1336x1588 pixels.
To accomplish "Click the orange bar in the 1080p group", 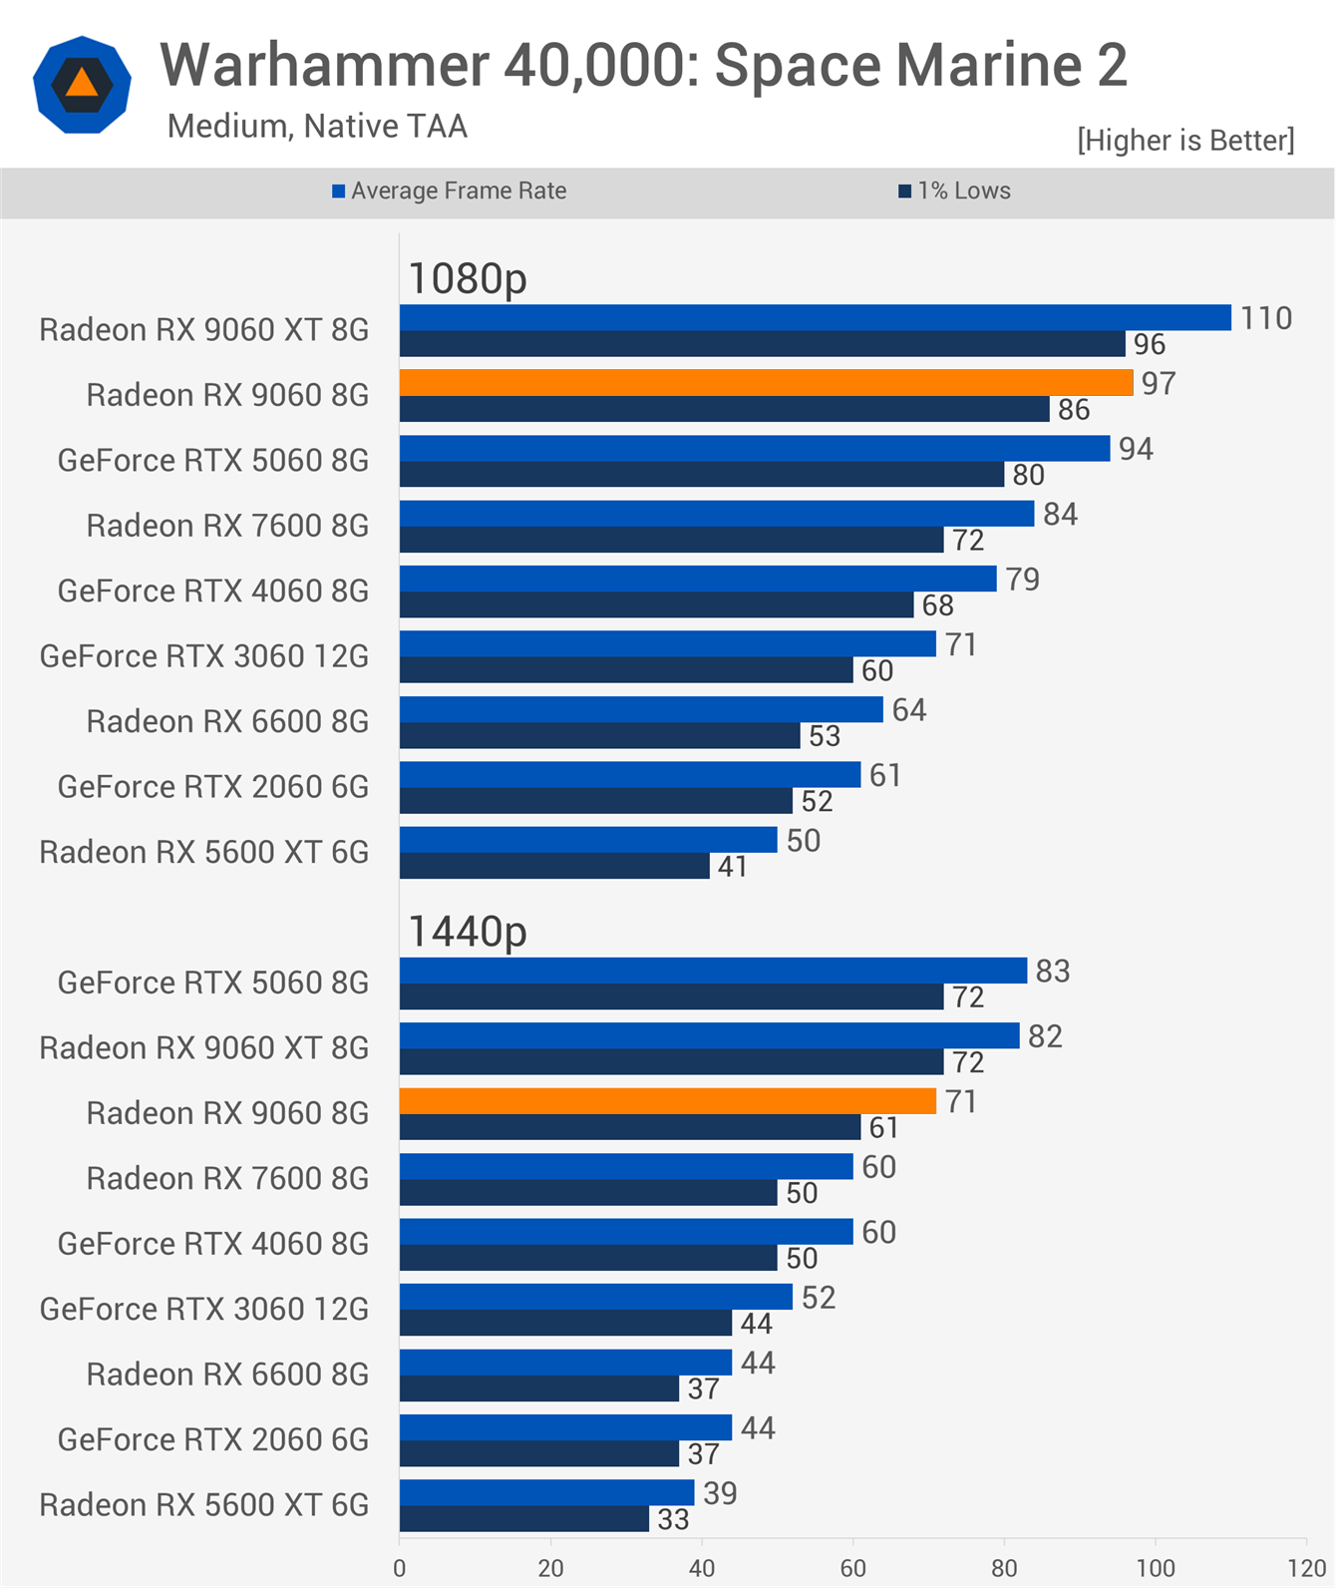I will (766, 383).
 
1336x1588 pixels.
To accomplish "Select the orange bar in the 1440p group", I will (668, 1101).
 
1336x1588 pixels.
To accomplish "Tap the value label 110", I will (1265, 318).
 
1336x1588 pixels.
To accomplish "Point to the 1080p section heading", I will (468, 278).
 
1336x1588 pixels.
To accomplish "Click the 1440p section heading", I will (468, 932).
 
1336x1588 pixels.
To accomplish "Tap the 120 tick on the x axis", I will (1306, 1568).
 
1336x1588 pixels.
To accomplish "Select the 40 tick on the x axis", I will (702, 1568).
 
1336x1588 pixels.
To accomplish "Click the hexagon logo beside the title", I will (82, 85).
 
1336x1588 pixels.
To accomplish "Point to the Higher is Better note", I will (1185, 141).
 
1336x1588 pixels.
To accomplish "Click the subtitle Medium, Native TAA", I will (317, 127).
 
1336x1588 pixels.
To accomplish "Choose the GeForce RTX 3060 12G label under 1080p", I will (204, 656).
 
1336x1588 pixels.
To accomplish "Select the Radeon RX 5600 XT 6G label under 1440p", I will (204, 1505).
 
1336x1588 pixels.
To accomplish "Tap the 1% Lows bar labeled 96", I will (763, 344).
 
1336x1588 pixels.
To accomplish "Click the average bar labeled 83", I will (713, 971).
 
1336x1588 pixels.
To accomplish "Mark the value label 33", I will (673, 1519).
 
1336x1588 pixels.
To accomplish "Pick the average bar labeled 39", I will (546, 1492).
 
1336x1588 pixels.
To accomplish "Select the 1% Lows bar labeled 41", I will (554, 866).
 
